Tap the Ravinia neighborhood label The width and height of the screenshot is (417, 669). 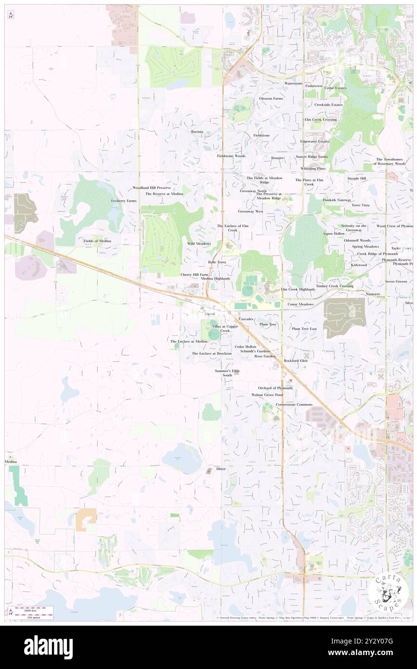(196, 131)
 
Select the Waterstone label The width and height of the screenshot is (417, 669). (293, 83)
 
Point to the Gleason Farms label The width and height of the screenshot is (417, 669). (271, 98)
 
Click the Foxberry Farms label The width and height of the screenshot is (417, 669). (124, 201)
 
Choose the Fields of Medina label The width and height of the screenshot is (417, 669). (98, 241)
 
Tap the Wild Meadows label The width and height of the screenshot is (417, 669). (199, 244)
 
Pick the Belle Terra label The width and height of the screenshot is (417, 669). (217, 262)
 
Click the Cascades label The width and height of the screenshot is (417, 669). (246, 319)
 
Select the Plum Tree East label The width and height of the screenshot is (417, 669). (304, 329)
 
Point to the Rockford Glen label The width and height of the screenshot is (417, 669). (296, 360)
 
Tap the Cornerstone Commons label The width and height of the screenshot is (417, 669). (294, 404)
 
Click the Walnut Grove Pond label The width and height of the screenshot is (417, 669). (267, 395)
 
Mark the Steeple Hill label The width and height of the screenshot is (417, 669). (357, 179)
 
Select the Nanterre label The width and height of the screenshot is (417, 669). (373, 294)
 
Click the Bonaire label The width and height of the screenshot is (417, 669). (277, 157)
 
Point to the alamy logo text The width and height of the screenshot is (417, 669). (48, 647)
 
